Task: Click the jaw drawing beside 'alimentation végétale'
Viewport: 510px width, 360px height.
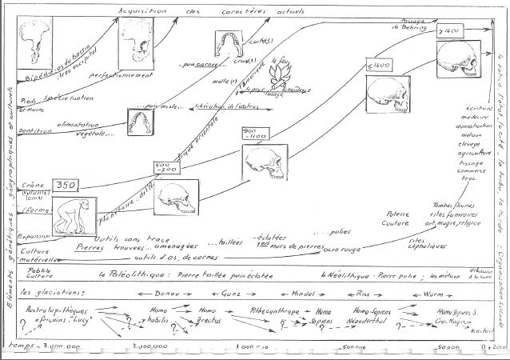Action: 141,122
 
